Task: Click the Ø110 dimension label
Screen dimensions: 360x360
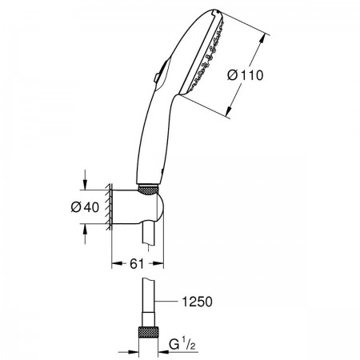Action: pos(246,75)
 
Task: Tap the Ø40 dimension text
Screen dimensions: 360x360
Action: pos(85,207)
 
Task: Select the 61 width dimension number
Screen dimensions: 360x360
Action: pos(137,264)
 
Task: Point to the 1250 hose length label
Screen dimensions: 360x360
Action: pos(198,302)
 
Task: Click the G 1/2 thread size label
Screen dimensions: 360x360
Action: pos(182,344)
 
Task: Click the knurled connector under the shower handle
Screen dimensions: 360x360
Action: pos(148,190)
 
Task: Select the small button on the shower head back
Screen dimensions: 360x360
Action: pos(157,78)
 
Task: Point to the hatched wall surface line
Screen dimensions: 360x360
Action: pos(110,207)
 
